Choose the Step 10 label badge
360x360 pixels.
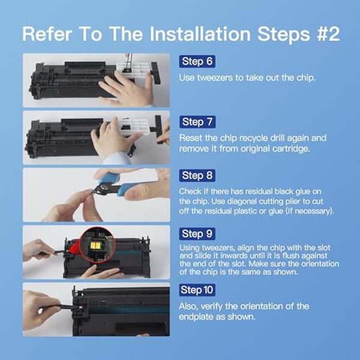[198, 290]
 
